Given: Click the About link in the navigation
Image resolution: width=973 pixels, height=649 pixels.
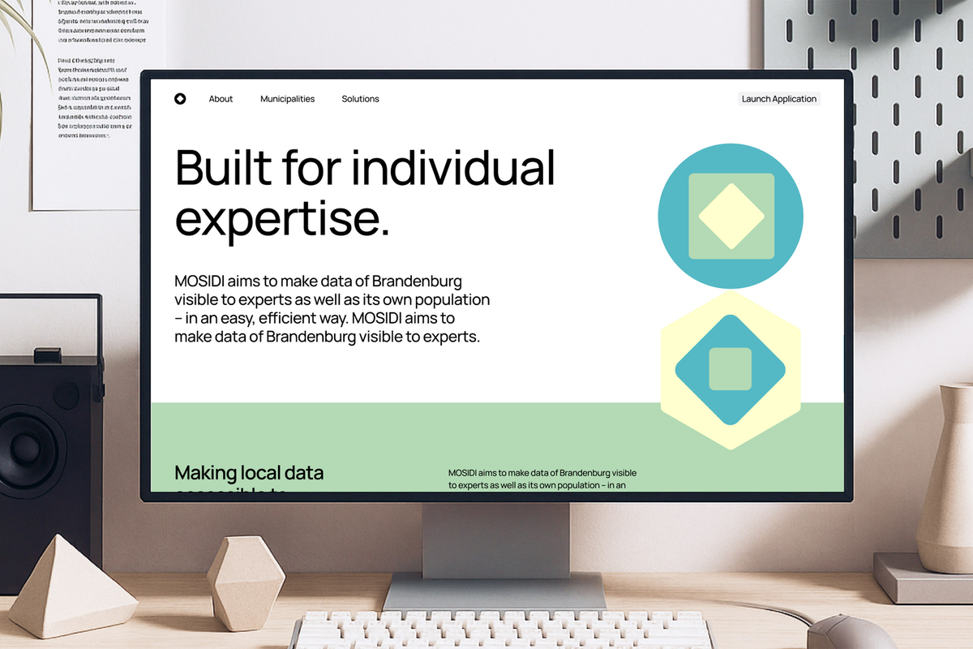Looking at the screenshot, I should pyautogui.click(x=221, y=99).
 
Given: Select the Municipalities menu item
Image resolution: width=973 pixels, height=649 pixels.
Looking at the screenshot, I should pyautogui.click(x=287, y=99).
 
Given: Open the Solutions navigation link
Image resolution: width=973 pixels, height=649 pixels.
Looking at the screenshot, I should pyautogui.click(x=360, y=99).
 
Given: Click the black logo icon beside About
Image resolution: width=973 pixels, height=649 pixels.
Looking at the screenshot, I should pyautogui.click(x=180, y=99).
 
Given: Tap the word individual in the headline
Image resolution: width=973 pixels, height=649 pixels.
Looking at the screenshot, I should pyautogui.click(x=454, y=168).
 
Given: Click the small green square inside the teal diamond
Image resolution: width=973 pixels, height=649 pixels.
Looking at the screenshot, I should pyautogui.click(x=730, y=369).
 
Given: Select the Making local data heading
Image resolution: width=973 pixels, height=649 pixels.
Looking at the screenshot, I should pyautogui.click(x=249, y=472).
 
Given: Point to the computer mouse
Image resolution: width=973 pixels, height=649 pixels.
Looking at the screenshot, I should pyautogui.click(x=838, y=633).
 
